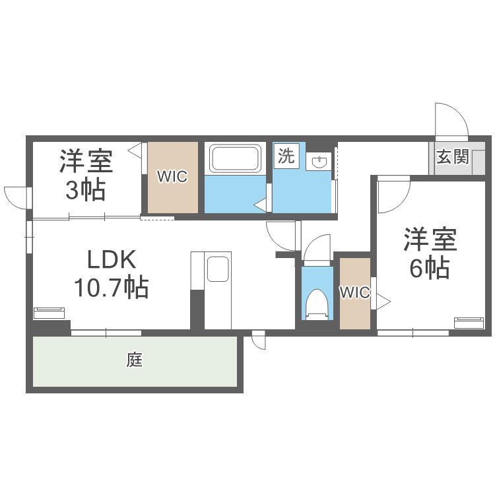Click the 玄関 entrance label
pyautogui.click(x=453, y=157)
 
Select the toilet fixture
pyautogui.click(x=317, y=304)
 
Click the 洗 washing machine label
pyautogui.click(x=286, y=156)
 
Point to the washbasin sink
pyautogui.click(x=319, y=161)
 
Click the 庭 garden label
pyautogui.click(x=135, y=360)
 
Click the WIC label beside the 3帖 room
pyautogui.click(x=172, y=176)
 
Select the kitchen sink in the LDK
pyautogui.click(x=218, y=270)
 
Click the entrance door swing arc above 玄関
pyautogui.click(x=451, y=119)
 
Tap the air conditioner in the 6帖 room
pyautogui.click(x=469, y=322)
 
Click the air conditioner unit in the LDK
pyautogui.click(x=50, y=312)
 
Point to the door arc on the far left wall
pyautogui.click(x=17, y=196)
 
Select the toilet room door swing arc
pyautogui.click(x=317, y=249)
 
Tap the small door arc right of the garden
pyautogui.click(x=257, y=341)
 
